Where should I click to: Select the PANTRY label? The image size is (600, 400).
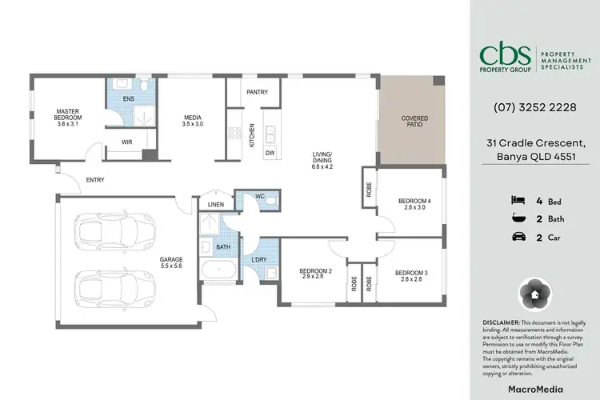click(x=257, y=92)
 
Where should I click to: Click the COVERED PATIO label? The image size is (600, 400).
click(x=414, y=122)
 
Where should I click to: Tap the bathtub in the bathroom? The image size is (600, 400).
click(x=216, y=270)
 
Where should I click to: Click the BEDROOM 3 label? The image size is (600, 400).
click(x=410, y=274)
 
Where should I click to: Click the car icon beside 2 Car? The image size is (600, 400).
click(x=517, y=236)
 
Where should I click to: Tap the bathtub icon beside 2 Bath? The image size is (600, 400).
click(x=517, y=218)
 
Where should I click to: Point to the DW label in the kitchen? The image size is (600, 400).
click(x=270, y=152)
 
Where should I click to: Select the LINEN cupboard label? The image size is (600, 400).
click(x=214, y=204)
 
